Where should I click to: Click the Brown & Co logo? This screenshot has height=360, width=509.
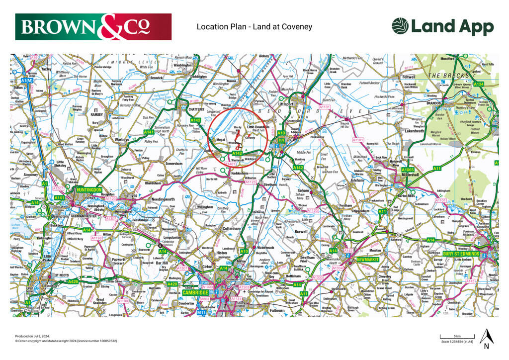click(93, 27)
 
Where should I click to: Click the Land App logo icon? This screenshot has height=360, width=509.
click(400, 26)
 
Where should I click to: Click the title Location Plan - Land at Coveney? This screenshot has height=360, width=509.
click(254, 26)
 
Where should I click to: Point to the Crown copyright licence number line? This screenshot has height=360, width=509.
click(66, 341)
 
